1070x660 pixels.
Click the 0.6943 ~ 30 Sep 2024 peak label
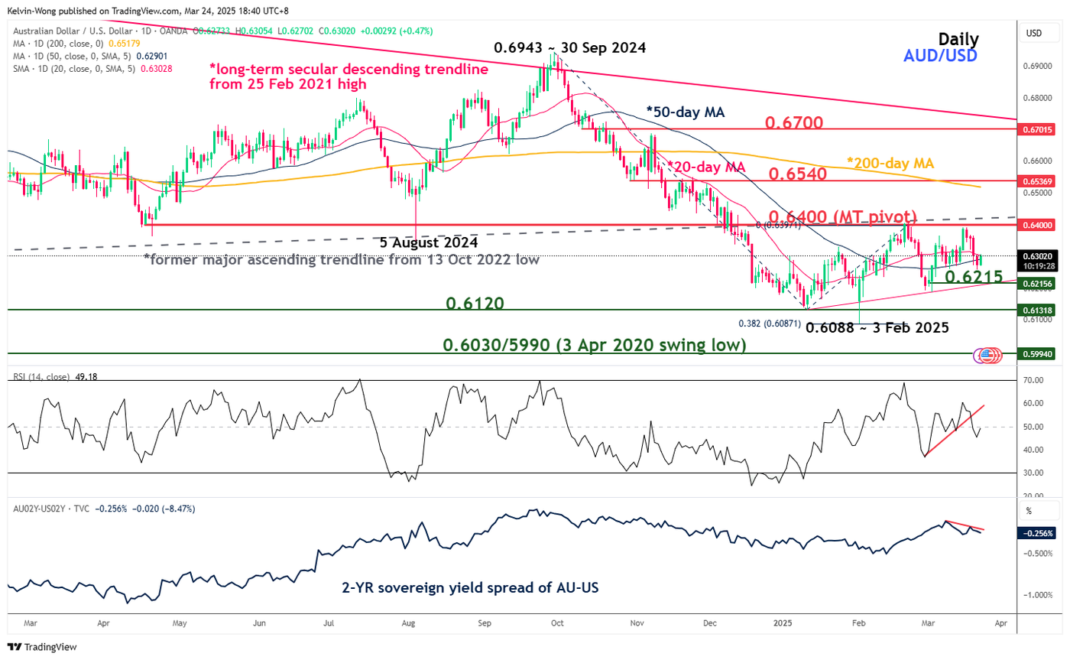point(569,47)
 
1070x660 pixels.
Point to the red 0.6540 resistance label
point(798,174)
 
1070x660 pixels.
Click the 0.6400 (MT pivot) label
point(843,216)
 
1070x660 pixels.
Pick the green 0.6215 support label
point(974,277)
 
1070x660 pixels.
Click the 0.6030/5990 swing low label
point(594,345)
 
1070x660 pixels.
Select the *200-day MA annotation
point(890,162)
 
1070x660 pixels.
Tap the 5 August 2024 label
point(429,242)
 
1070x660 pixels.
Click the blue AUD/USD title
point(941,56)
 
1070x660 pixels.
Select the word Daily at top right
point(958,39)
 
